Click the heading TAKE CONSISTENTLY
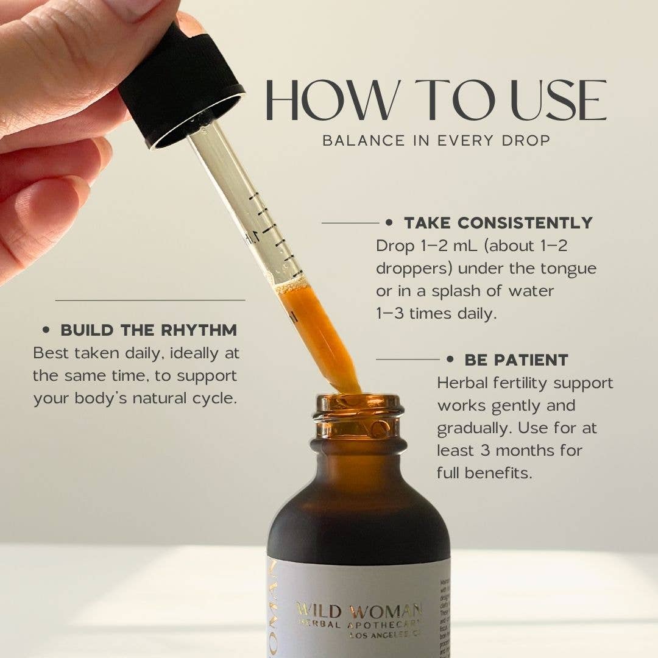(x=498, y=223)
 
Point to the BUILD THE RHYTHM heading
(x=149, y=330)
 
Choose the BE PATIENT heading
(x=516, y=359)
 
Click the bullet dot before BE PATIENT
(x=451, y=359)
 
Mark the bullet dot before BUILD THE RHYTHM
(x=46, y=330)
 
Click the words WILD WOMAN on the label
(x=359, y=610)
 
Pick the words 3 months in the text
(x=530, y=450)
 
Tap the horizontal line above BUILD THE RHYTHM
(x=150, y=300)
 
